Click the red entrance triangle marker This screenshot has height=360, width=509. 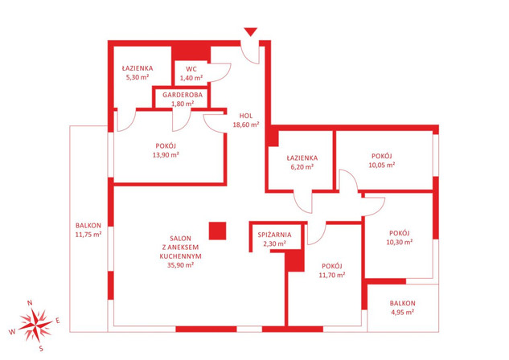(x=251, y=32)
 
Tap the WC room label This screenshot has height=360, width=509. (x=191, y=69)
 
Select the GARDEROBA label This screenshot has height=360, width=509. (x=183, y=95)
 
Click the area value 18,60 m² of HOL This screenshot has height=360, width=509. (x=246, y=125)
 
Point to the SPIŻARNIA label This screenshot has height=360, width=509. (x=274, y=235)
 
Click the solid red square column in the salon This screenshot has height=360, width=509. (x=217, y=231)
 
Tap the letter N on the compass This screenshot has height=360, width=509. (x=30, y=303)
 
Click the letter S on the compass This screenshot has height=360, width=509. (x=41, y=349)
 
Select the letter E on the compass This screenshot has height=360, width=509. (x=58, y=321)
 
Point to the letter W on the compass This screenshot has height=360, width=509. (x=12, y=332)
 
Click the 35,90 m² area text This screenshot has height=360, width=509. (x=180, y=265)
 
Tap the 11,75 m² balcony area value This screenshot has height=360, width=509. (x=88, y=235)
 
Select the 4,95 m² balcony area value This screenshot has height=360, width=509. (x=403, y=313)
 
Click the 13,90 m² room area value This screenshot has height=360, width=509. (x=166, y=155)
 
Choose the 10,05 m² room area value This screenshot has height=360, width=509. (x=382, y=165)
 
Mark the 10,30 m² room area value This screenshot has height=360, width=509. (x=400, y=242)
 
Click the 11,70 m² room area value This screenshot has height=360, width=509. (x=332, y=275)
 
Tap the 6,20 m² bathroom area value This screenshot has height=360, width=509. (x=302, y=167)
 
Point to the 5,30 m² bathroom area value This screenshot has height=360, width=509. (x=138, y=77)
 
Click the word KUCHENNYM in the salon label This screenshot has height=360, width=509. (x=180, y=256)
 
